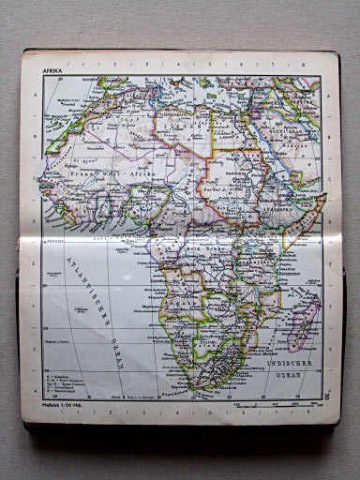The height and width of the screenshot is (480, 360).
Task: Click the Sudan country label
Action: pyautogui.click(x=234, y=173)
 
